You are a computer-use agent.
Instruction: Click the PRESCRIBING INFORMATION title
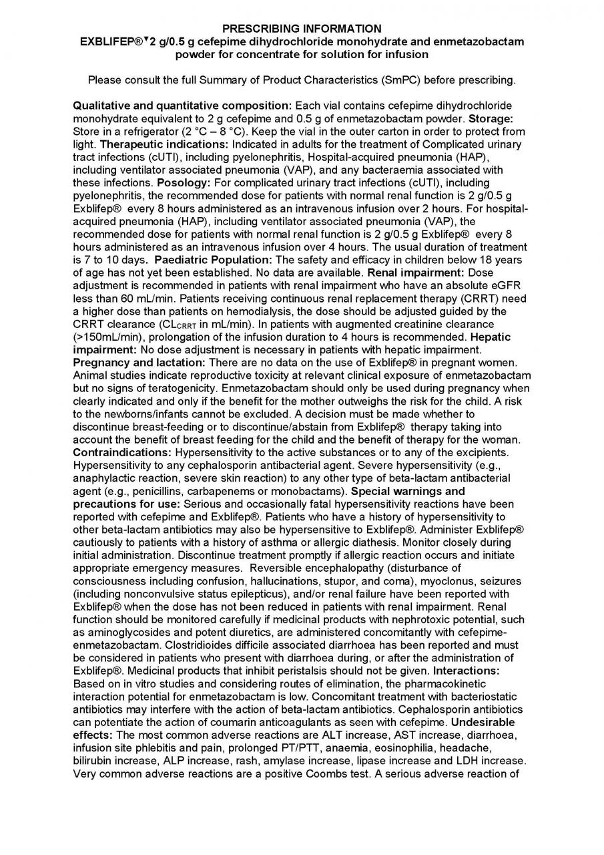(x=302, y=29)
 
